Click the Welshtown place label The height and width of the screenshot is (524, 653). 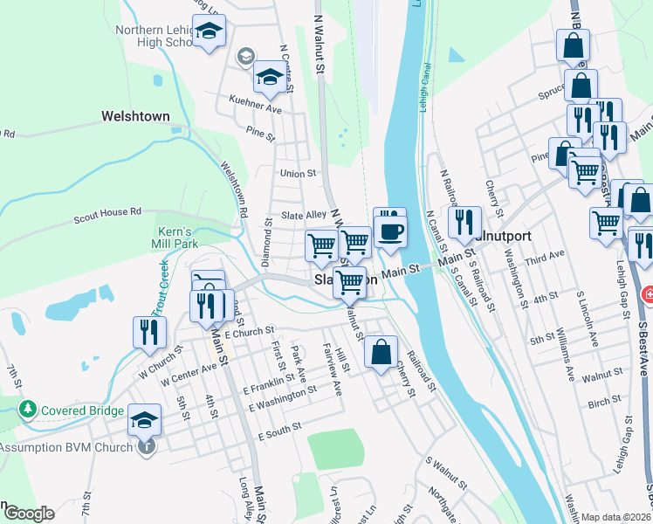[135, 115]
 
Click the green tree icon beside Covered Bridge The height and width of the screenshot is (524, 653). [28, 409]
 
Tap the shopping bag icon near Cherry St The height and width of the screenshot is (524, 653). [381, 353]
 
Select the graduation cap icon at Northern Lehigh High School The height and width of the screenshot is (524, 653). [210, 32]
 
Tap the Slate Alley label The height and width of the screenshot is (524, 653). [303, 215]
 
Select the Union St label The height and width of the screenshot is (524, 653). [298, 174]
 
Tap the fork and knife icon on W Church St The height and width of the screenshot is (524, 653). [147, 332]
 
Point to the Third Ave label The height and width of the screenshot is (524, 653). [546, 256]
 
